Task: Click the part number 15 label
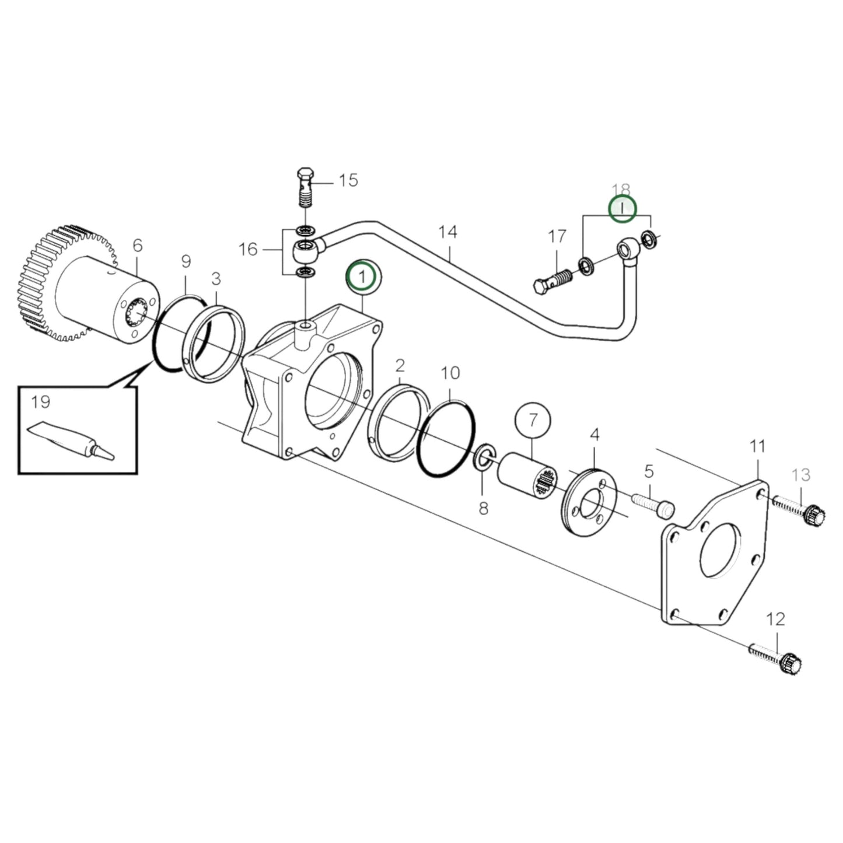tap(348, 180)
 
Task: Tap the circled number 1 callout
tap(363, 276)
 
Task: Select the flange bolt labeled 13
tap(799, 509)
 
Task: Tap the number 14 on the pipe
tap(447, 232)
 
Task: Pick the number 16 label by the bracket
tap(248, 250)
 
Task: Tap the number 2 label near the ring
tap(400, 366)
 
